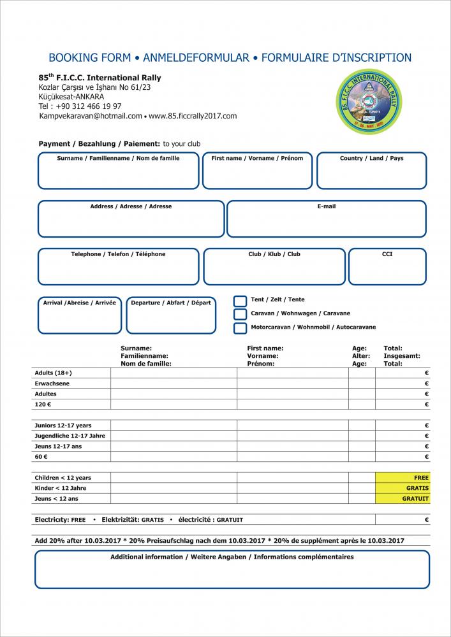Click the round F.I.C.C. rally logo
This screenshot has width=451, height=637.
coord(369,102)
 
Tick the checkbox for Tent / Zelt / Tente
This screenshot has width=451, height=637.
coord(240,301)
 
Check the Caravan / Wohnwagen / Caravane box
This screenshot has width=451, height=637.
coord(240,314)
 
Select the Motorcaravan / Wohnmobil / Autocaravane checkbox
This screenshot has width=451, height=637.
coord(240,328)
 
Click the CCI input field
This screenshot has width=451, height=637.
coord(387,268)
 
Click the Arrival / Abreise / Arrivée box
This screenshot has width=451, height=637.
coord(80,316)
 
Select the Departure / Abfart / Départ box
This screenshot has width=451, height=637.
coord(170,316)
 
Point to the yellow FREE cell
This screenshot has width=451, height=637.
coord(403,478)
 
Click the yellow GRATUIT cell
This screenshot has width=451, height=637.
coord(403,499)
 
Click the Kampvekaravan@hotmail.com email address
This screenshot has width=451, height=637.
coord(91,117)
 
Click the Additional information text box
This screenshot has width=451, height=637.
coord(232,571)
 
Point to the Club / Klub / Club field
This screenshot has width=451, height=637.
coord(274,268)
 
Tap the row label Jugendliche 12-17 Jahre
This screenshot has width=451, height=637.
coord(70,436)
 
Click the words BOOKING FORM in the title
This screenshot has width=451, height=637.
coord(89,58)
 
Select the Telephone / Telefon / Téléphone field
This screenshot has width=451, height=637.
coord(118,268)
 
